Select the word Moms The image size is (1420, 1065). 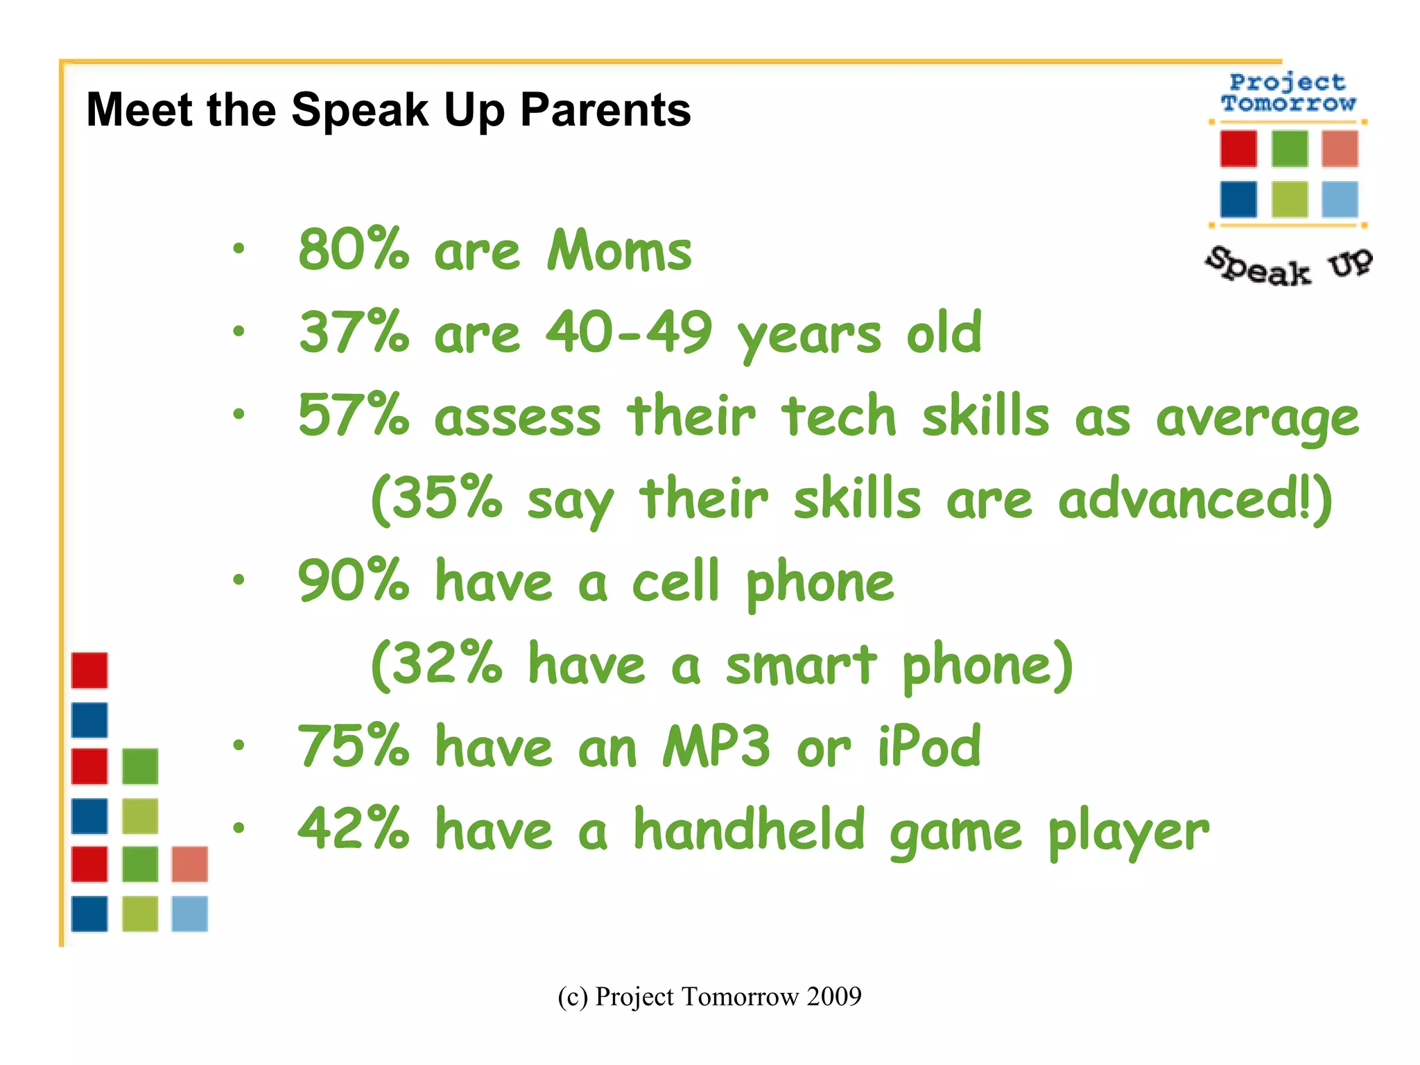pos(619,250)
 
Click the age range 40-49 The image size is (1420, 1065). pos(628,333)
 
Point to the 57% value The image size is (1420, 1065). pos(354,415)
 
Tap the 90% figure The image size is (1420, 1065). pos(354,581)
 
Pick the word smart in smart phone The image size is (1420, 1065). pos(801,664)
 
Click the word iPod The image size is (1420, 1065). pos(929,747)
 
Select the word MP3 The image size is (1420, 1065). pos(716,747)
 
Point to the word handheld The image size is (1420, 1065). pos(750,829)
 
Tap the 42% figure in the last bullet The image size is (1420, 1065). pos(354,829)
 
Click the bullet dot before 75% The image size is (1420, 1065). pos(239,746)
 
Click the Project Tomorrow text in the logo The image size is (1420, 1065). pos(1288,93)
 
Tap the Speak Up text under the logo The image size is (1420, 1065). pos(1288,266)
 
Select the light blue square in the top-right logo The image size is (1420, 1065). pos(1339,200)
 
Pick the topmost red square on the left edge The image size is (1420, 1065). pos(89,670)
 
